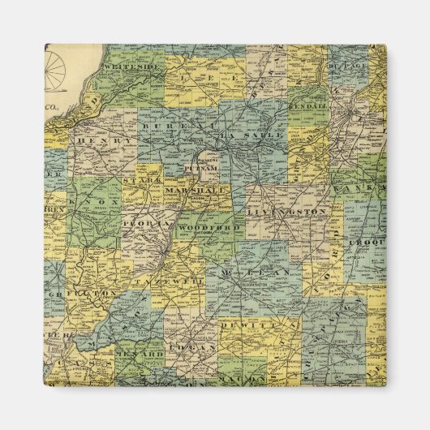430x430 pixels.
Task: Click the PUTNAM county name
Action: click(x=197, y=170)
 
